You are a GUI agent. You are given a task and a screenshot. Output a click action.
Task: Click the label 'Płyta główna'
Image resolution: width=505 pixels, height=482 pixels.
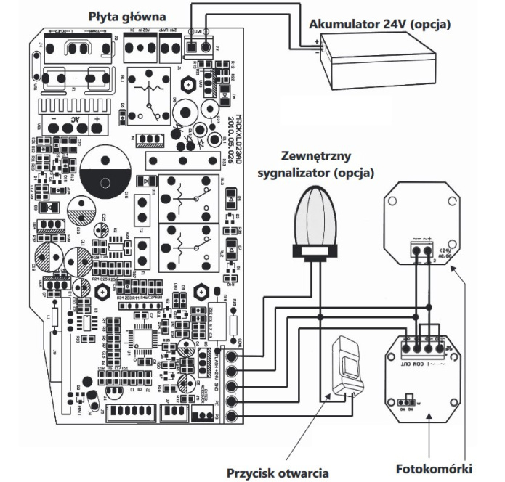click(128, 15)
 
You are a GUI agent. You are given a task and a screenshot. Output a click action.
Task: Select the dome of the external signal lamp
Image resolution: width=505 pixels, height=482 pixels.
click(317, 215)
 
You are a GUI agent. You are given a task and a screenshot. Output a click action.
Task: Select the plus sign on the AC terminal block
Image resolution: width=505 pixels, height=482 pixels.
click(94, 119)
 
